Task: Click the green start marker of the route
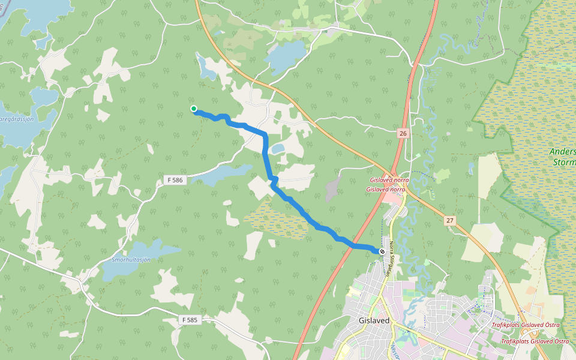[194, 109]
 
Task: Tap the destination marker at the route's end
[382, 251]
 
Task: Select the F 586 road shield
[175, 180]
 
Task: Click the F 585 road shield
[189, 320]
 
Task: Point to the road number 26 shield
[402, 133]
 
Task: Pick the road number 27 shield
[450, 221]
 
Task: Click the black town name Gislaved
[374, 320]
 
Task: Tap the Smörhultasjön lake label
[131, 259]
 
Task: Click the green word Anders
[562, 152]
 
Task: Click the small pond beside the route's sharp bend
[277, 148]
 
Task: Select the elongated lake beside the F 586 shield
[222, 175]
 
